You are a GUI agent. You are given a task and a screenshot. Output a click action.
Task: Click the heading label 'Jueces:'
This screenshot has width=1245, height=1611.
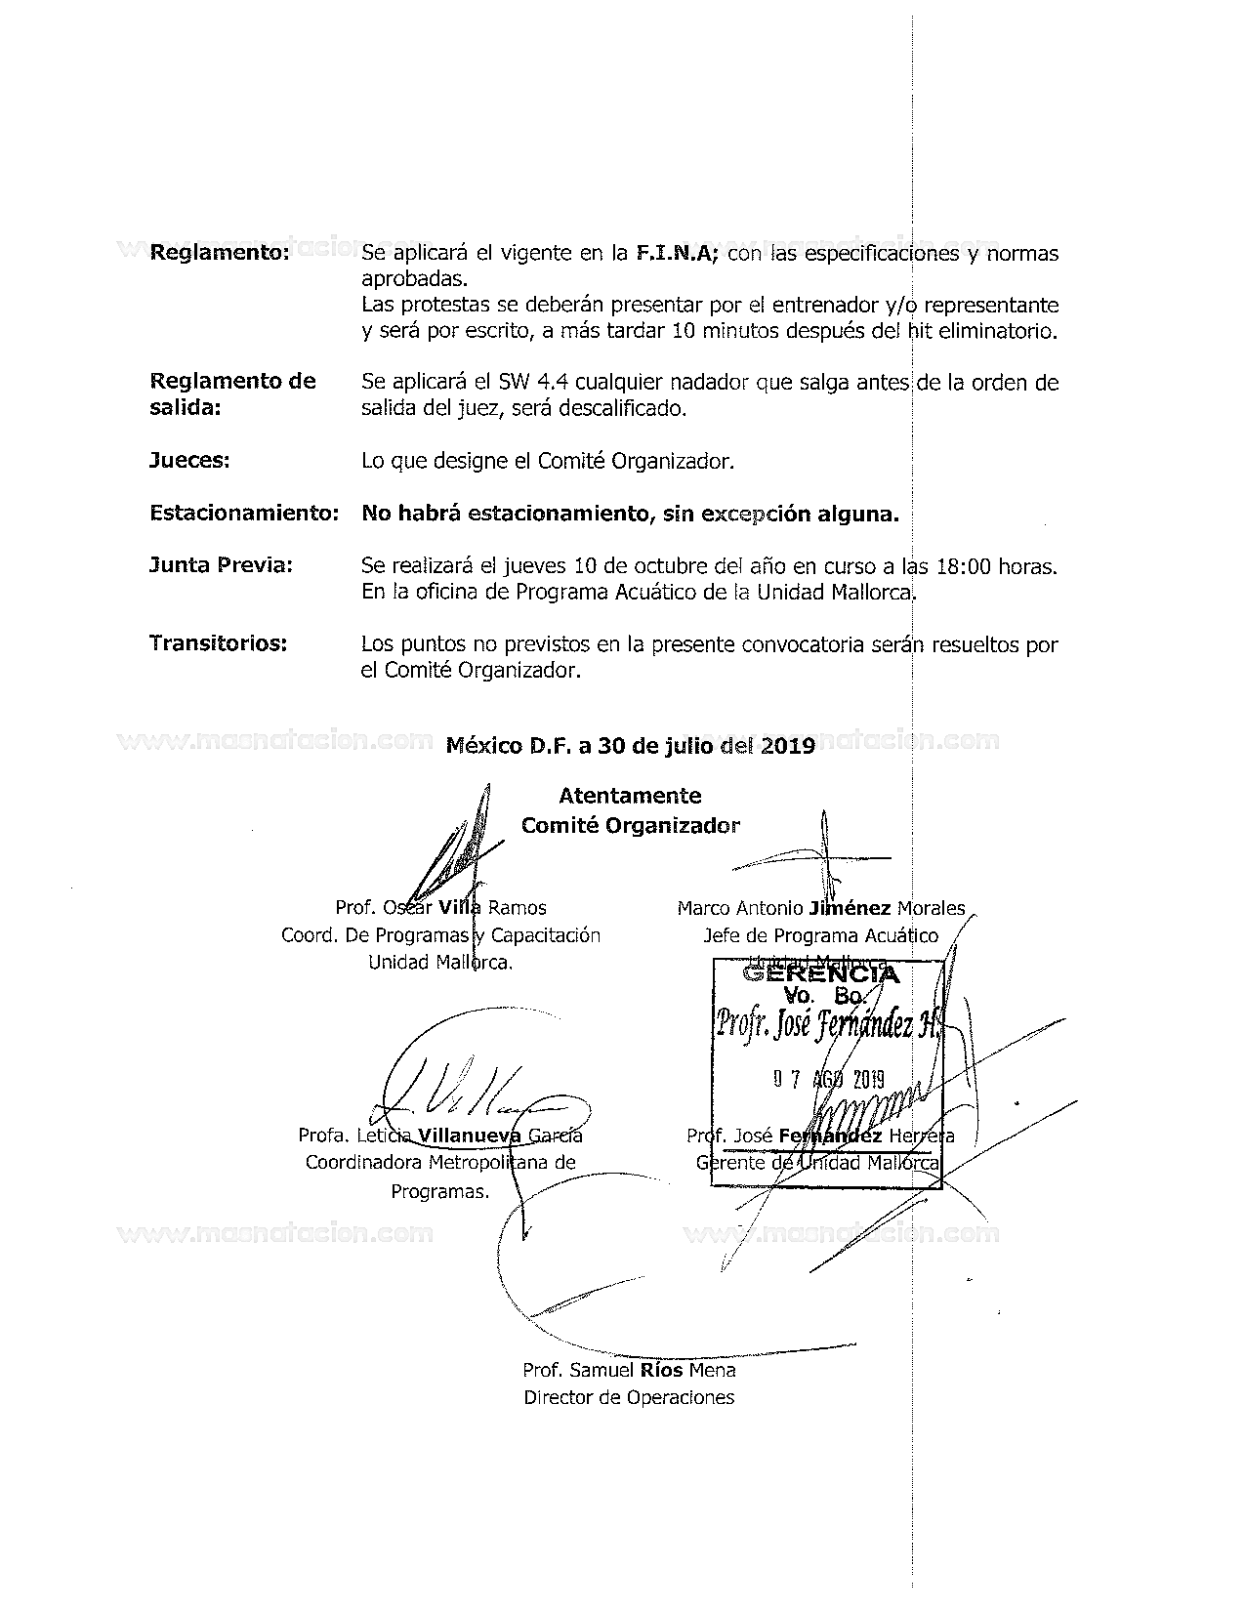point(189,461)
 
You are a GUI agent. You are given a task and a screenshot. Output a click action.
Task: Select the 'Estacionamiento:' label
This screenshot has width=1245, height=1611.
point(244,513)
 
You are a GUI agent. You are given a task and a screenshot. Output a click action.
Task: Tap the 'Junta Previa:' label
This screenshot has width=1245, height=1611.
point(221,565)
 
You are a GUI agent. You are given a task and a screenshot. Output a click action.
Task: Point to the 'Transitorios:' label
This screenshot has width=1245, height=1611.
point(218,643)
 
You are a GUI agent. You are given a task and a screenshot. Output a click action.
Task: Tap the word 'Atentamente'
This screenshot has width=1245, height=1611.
point(630,796)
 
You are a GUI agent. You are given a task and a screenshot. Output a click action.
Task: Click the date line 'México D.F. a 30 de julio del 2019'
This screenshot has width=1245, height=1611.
point(630,747)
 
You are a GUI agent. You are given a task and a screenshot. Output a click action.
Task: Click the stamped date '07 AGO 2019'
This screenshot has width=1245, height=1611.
point(828,1079)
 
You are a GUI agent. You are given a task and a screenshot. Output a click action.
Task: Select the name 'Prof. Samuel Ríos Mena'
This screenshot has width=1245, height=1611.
point(629,1370)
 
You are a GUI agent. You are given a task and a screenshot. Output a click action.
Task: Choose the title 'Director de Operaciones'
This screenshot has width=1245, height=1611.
point(629,1397)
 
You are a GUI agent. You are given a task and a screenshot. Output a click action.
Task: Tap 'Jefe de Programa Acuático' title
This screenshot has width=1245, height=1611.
point(820,935)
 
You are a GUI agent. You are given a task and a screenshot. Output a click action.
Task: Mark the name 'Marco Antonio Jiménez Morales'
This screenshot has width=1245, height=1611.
point(820,908)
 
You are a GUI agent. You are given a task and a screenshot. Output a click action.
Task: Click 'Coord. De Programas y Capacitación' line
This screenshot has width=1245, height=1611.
point(440,935)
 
